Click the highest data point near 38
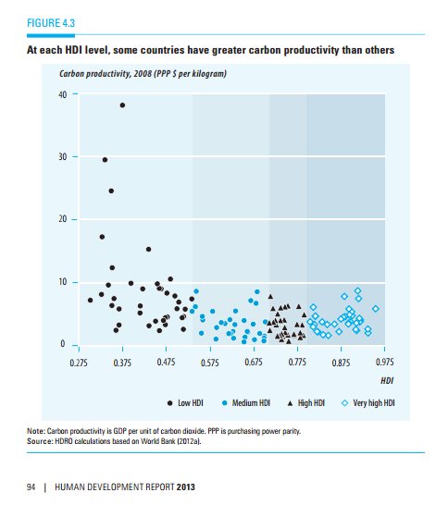(122, 105)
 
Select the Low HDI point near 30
(105, 160)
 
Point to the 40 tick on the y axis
(61, 94)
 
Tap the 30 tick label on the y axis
(61, 157)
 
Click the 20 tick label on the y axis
(61, 219)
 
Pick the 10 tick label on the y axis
(61, 282)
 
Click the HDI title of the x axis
(388, 380)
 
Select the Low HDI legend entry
(186, 403)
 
